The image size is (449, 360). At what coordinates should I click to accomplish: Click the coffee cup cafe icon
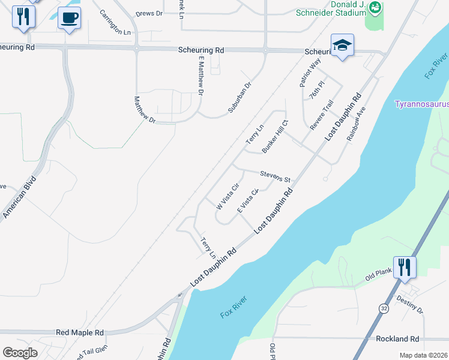70,18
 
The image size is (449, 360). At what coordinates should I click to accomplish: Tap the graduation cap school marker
342,45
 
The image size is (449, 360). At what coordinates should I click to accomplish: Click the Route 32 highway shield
383,308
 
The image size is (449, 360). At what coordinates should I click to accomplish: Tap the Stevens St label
275,176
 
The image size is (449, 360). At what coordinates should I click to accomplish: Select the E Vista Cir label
247,200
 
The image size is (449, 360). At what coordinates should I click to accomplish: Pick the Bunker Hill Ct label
275,139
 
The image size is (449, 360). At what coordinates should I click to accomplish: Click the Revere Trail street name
321,115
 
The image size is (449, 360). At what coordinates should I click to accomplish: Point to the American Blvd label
20,197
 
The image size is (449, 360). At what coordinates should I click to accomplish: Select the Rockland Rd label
397,339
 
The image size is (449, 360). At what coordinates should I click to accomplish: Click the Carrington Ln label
115,23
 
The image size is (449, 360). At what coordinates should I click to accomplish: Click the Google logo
20,353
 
